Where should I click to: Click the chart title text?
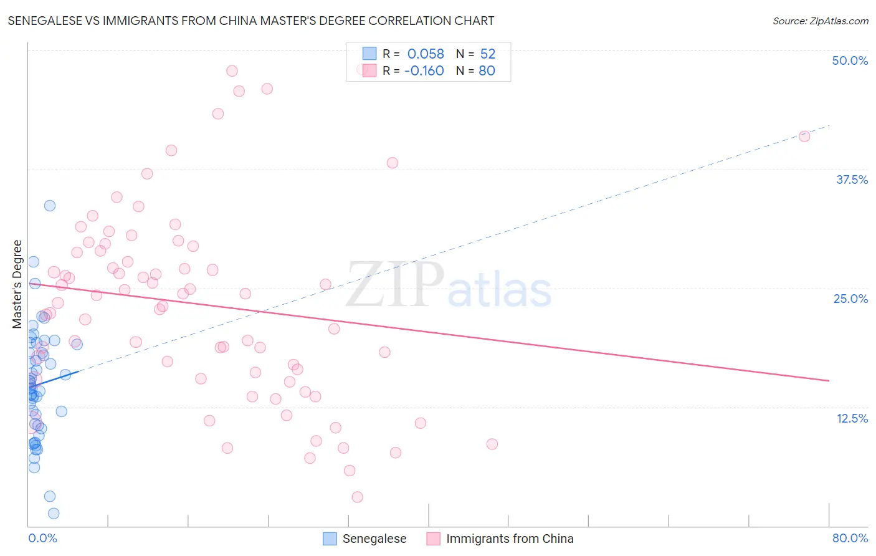click(250, 21)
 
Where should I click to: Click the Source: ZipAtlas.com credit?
click(820, 21)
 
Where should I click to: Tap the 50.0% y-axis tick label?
click(850, 60)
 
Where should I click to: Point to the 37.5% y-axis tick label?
click(852, 180)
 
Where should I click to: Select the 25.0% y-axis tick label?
click(850, 299)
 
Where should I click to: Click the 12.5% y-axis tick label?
click(852, 418)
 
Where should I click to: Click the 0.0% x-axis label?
click(42, 538)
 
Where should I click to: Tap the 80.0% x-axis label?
click(850, 538)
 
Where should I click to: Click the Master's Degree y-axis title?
click(17, 284)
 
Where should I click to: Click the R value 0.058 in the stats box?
click(426, 54)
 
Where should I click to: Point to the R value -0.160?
click(424, 71)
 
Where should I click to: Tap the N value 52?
click(487, 54)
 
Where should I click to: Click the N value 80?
click(487, 71)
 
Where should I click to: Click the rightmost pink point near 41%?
click(804, 137)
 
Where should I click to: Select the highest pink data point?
click(232, 71)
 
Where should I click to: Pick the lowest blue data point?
click(54, 514)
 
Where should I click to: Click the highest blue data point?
click(50, 206)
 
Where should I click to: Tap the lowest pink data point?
click(358, 497)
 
